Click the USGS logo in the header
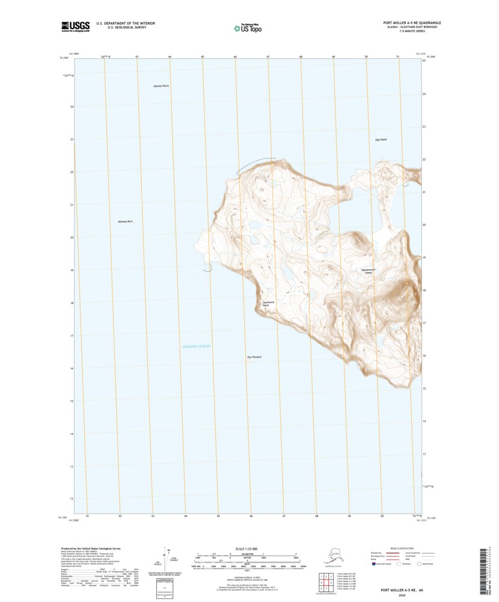pos(75,26)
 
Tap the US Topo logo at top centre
pos(247,27)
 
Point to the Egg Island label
pos(381,140)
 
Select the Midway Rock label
pos(125,222)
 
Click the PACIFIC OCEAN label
pos(197,347)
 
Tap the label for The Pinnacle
pos(254,357)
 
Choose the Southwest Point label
pos(268,304)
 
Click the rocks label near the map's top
pos(161,86)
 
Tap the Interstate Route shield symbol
pos(365,564)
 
